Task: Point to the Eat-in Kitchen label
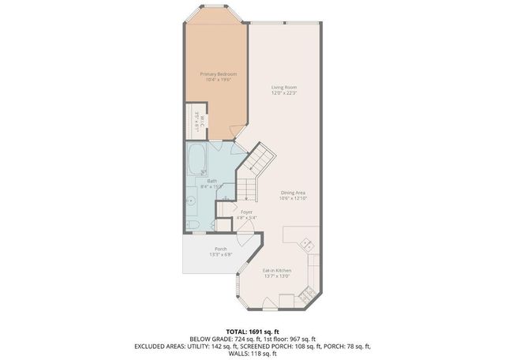click(x=277, y=271)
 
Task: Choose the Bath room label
click(x=212, y=181)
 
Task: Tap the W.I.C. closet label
click(x=201, y=119)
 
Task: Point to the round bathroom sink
click(x=191, y=201)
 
